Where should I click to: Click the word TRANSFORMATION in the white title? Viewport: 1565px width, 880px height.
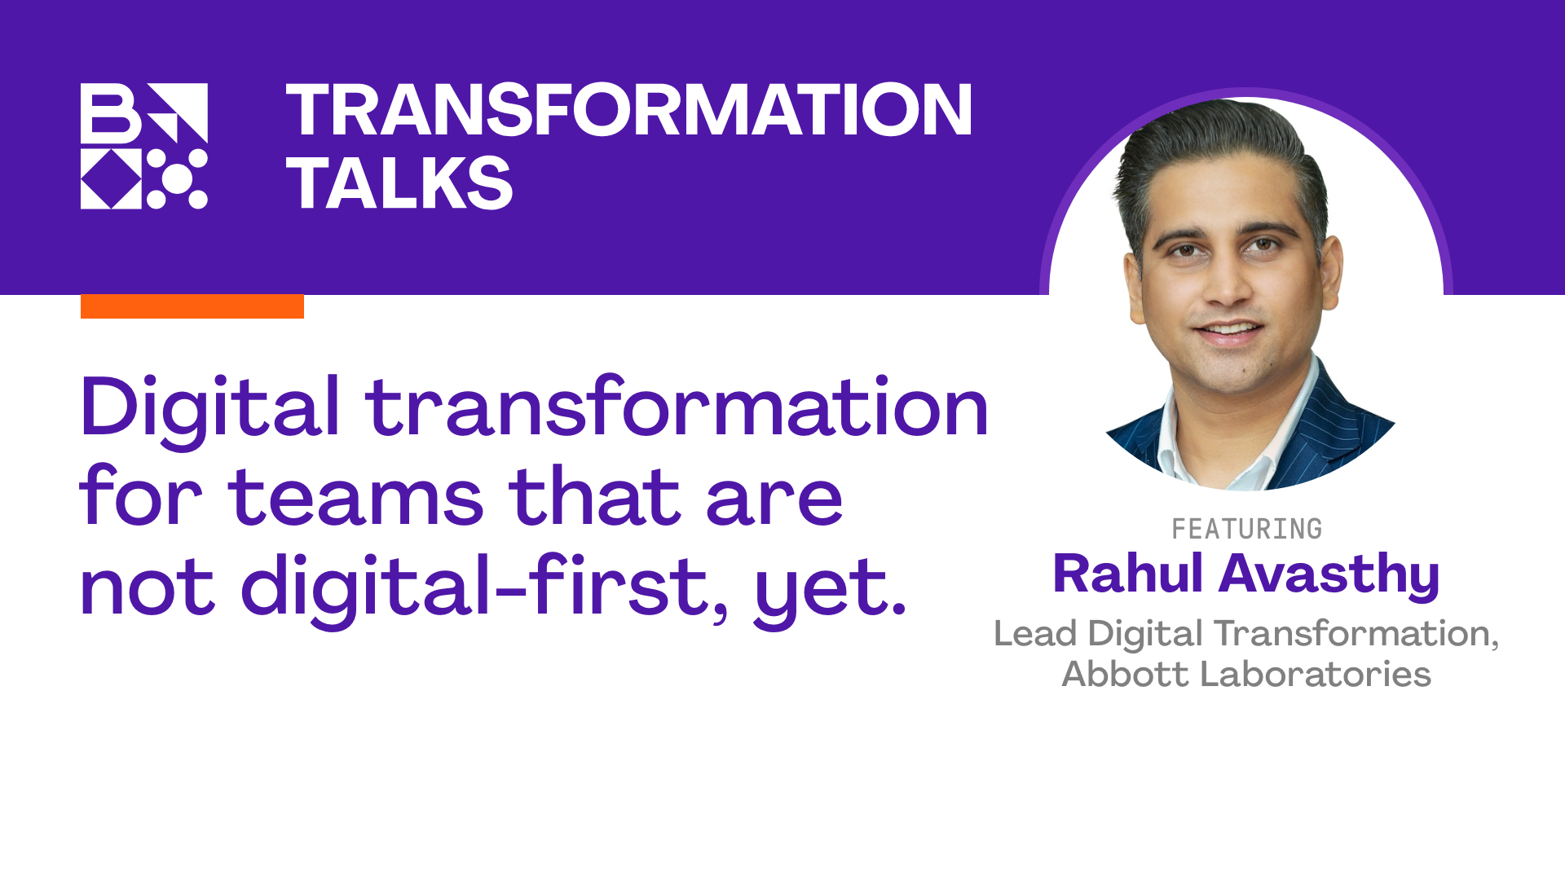(628, 110)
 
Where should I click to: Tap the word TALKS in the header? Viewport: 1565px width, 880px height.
(399, 183)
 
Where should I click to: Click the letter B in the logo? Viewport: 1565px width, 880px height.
(111, 112)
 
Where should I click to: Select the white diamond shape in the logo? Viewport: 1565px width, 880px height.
(111, 178)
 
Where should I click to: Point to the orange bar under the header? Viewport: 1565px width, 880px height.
(192, 306)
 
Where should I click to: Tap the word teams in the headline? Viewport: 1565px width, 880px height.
(356, 497)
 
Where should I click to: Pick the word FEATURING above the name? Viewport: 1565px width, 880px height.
(1246, 529)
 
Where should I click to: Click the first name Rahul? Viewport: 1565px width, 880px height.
(1127, 574)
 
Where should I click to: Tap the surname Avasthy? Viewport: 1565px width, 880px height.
(1329, 575)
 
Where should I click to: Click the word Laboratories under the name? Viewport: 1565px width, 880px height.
(1316, 674)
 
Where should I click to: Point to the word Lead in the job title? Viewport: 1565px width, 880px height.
(1034, 634)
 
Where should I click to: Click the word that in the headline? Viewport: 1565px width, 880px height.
(594, 497)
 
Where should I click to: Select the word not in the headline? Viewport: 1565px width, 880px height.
(148, 587)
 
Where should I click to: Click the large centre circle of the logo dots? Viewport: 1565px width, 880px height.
(177, 178)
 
